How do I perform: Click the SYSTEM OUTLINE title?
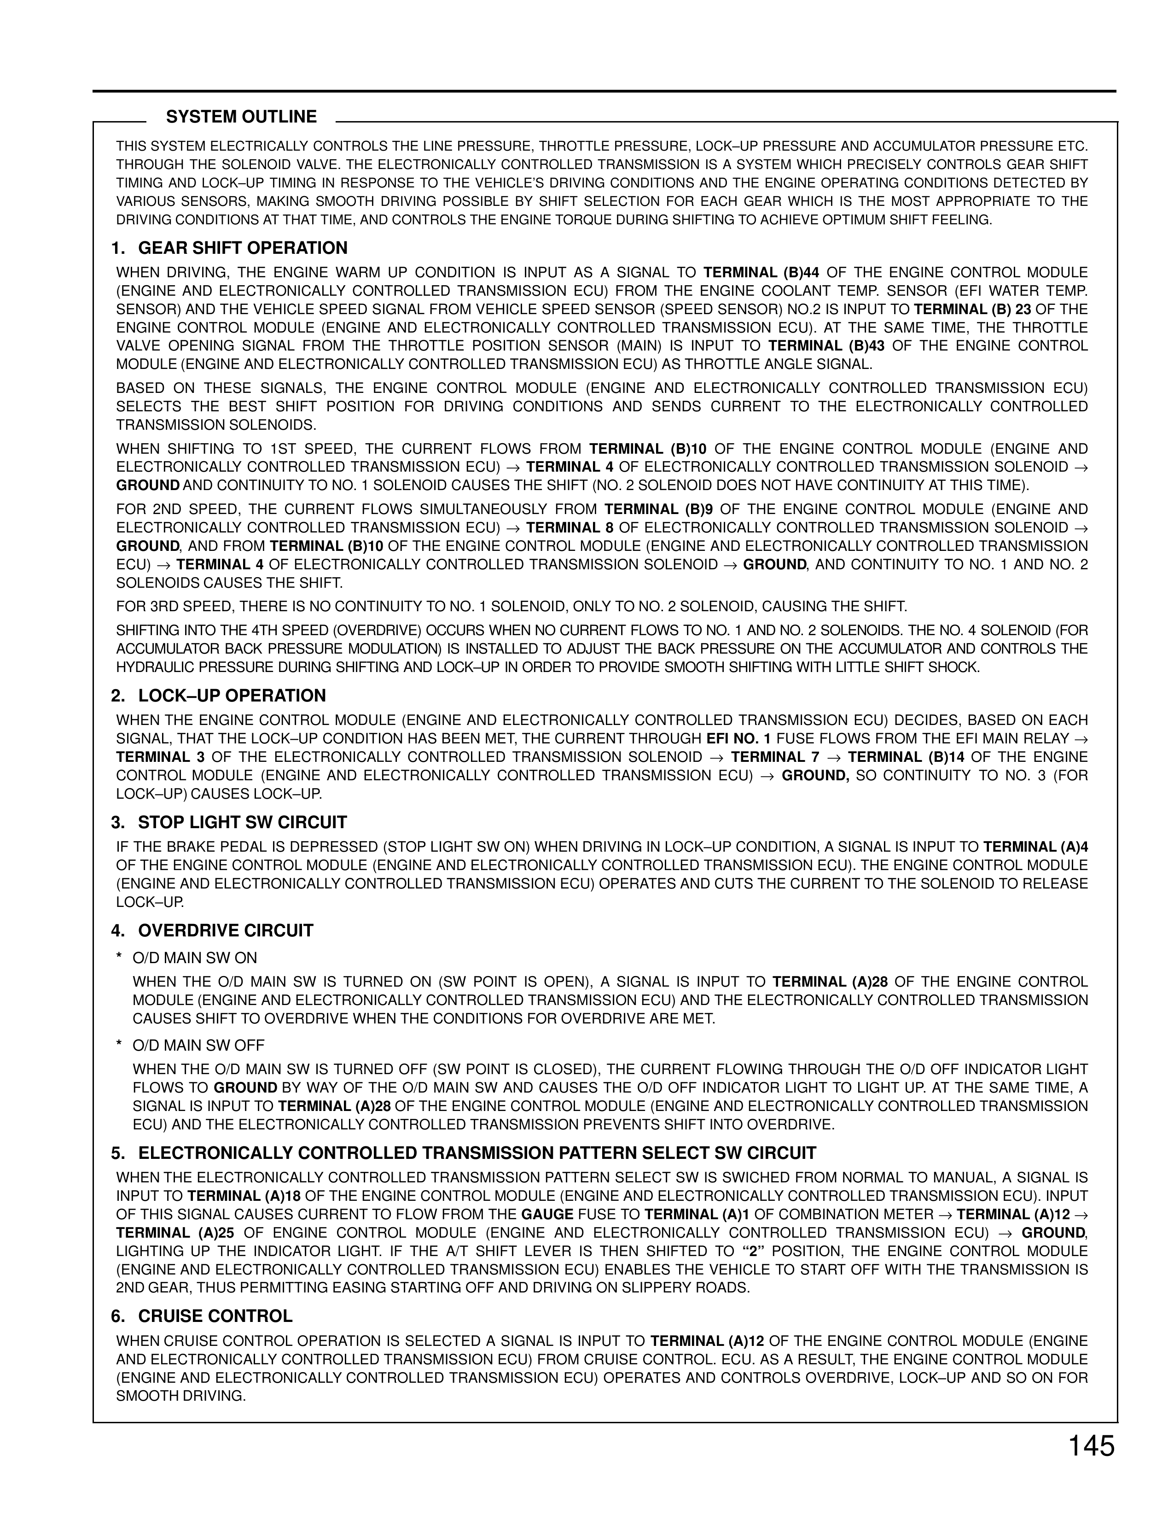[x=241, y=117]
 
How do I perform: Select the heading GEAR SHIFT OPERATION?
[x=243, y=248]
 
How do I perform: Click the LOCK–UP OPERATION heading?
[x=232, y=696]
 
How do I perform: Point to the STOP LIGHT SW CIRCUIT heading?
[x=242, y=823]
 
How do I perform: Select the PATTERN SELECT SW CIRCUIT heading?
[x=477, y=1153]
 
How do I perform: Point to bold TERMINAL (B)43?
[x=826, y=346]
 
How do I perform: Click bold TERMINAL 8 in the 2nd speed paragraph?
[x=569, y=527]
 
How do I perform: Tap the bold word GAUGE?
[x=547, y=1215]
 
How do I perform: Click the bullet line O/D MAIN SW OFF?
[x=198, y=1046]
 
